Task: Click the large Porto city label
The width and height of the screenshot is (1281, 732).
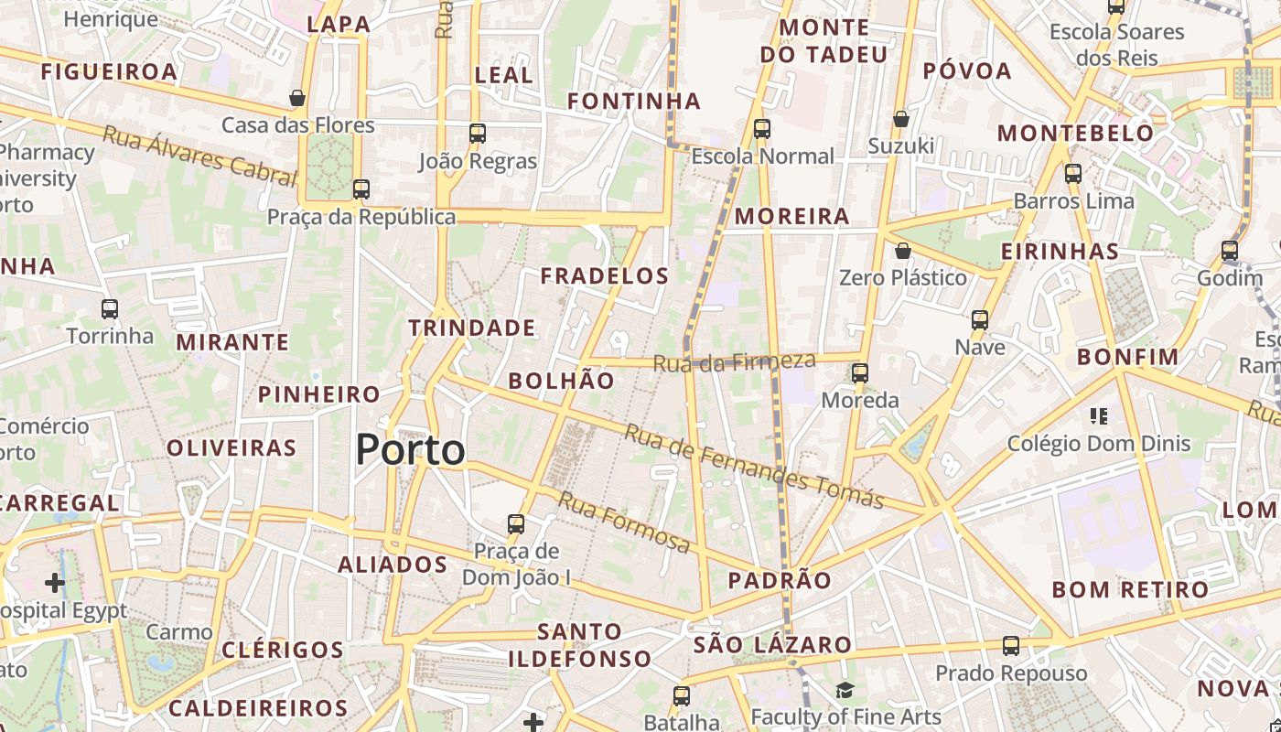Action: (410, 449)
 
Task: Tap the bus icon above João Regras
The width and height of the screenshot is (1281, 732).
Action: (477, 134)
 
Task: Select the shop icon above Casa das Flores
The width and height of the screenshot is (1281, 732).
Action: (297, 97)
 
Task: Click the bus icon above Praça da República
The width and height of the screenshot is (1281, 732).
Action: (361, 189)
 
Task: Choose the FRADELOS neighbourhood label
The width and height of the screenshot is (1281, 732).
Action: (605, 275)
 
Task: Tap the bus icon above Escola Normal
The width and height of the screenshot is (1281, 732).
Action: (762, 129)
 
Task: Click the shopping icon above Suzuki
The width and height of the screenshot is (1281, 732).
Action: (901, 119)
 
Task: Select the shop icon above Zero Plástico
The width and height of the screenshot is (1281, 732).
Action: (903, 250)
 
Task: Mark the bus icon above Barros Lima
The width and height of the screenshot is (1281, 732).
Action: (1073, 173)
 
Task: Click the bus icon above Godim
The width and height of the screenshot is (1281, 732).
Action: (1230, 250)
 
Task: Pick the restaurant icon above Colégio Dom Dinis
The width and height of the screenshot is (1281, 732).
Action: (1099, 416)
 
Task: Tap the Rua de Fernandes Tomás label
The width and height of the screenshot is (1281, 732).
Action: (754, 467)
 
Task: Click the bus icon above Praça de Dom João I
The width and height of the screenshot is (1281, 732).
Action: (516, 524)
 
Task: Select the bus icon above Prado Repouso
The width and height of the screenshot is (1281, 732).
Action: (1011, 646)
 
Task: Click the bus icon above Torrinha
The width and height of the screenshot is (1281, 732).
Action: (110, 309)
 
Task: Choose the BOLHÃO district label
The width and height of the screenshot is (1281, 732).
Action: (562, 381)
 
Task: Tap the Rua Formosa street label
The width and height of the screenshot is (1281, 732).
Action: (624, 522)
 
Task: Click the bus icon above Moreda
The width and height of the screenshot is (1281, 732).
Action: (860, 373)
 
